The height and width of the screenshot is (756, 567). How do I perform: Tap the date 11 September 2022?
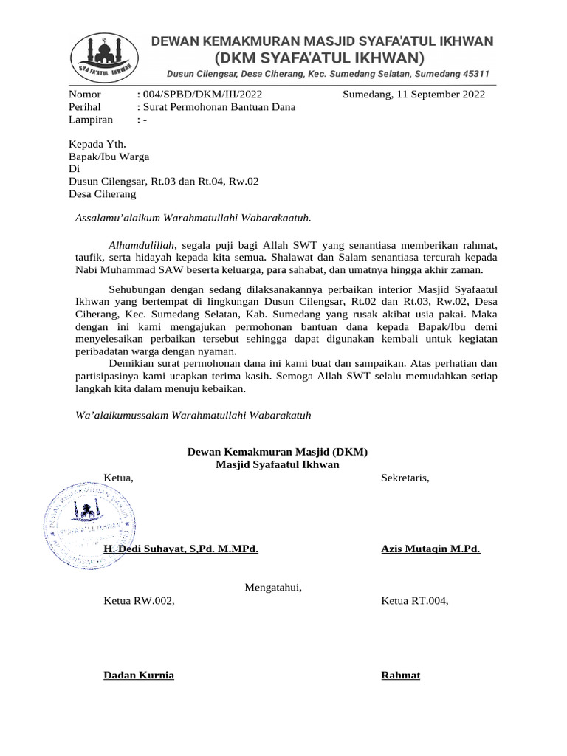click(x=441, y=94)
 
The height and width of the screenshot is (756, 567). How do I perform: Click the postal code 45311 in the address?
click(x=472, y=75)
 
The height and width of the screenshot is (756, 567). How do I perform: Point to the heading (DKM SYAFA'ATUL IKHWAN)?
click(x=319, y=58)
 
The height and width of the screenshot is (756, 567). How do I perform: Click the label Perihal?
click(x=84, y=106)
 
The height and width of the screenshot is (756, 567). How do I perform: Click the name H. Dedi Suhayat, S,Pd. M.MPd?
click(x=181, y=549)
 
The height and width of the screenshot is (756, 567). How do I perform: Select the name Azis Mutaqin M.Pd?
click(x=430, y=549)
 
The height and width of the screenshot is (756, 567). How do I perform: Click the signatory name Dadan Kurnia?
click(x=139, y=675)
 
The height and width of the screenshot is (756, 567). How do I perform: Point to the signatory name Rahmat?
click(x=400, y=675)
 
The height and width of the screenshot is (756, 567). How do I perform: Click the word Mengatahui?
click(x=274, y=588)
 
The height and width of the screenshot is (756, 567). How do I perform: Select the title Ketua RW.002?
click(x=140, y=600)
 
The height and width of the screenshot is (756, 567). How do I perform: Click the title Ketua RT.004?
click(x=414, y=600)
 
